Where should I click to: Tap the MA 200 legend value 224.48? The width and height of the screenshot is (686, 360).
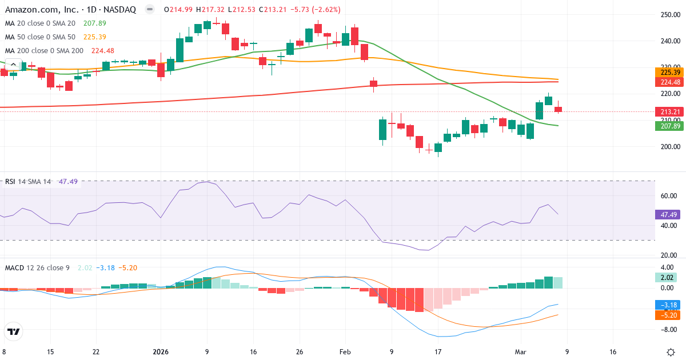click(102, 51)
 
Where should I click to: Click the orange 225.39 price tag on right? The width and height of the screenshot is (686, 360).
click(669, 73)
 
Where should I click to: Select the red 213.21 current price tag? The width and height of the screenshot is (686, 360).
click(669, 112)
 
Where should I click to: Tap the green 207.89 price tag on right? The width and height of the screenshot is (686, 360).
click(669, 126)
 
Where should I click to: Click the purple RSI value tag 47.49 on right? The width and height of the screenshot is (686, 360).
click(669, 215)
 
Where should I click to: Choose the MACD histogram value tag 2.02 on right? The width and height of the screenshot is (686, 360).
click(667, 277)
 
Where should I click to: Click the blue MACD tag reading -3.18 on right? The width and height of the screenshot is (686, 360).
click(667, 305)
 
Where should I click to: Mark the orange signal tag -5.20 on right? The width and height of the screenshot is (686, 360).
click(667, 315)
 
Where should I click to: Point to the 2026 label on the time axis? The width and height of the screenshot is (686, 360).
click(160, 353)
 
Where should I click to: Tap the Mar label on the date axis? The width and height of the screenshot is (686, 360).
click(519, 353)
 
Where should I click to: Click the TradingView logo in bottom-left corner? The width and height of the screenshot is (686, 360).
click(14, 332)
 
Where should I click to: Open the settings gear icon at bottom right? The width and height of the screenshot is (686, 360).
click(671, 352)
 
